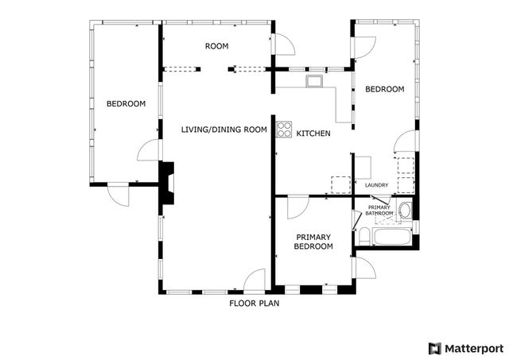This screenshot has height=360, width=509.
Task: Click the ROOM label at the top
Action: [216, 46]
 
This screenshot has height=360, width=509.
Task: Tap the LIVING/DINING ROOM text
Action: [223, 130]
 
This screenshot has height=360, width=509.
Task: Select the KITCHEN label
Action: [313, 134]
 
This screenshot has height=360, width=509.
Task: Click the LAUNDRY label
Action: [376, 186]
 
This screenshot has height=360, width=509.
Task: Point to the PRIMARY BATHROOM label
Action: [379, 211]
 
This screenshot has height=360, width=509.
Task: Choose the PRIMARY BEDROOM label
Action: [313, 242]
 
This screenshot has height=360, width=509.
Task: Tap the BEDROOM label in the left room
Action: [126, 103]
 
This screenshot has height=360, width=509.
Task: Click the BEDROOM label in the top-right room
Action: [384, 90]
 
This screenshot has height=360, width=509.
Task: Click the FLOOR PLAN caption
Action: [254, 303]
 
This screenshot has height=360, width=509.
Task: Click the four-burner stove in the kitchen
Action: [284, 129]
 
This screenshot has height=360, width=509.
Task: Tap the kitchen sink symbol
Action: [314, 79]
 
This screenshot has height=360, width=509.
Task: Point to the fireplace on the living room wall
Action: [168, 182]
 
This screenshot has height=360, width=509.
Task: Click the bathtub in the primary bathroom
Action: [390, 237]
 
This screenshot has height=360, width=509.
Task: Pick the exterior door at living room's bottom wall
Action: [254, 281]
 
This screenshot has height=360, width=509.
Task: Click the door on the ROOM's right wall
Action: [283, 45]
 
